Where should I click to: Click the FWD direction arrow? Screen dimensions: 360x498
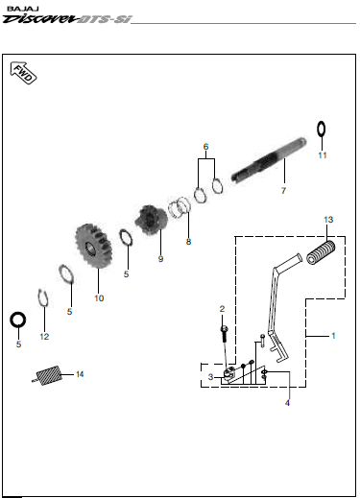tap(23, 73)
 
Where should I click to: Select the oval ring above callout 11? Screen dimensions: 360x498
tap(322, 130)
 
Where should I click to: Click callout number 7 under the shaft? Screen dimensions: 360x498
tap(283, 191)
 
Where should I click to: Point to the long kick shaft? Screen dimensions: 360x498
tap(269, 159)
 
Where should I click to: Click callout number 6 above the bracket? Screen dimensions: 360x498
tap(205, 147)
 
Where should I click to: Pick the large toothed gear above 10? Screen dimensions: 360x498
tap(93, 246)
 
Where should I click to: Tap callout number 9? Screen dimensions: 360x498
tap(160, 259)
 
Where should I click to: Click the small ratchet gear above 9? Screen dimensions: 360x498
tap(151, 220)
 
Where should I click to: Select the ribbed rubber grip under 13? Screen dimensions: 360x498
tap(321, 252)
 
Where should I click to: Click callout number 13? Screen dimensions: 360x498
tap(328, 220)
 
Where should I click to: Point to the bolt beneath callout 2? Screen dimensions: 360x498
tap(224, 333)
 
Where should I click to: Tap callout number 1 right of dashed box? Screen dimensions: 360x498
tap(333, 336)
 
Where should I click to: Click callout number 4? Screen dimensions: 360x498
tap(287, 403)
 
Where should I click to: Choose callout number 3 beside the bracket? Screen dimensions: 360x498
tap(210, 377)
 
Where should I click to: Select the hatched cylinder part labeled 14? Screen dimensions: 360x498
tap(48, 376)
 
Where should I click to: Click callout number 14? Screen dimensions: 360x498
tap(80, 374)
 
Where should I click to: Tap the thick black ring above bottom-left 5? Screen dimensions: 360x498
tap(18, 320)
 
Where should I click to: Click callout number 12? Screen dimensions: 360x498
tap(44, 337)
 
